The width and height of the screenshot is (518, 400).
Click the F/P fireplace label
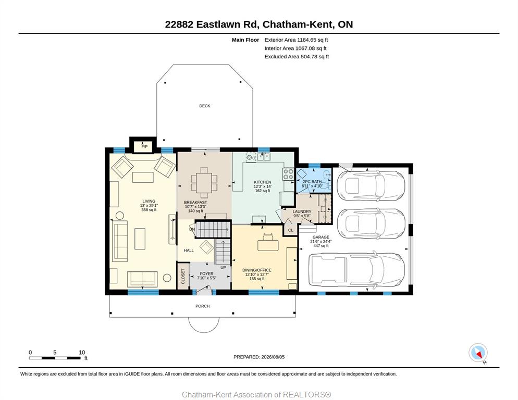point(144,146)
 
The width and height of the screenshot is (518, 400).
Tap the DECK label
point(204,106)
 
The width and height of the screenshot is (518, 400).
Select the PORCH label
point(203,306)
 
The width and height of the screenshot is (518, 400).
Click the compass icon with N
point(478,353)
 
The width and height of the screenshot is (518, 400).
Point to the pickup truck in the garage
point(356,269)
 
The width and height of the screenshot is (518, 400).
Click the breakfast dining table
point(204,183)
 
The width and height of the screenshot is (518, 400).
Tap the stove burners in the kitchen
point(288,174)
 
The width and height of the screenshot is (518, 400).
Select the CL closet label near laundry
point(290,230)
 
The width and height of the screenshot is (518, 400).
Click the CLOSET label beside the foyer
point(183,276)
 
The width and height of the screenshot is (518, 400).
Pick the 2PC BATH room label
point(312,182)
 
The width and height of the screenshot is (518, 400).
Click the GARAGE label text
point(321,237)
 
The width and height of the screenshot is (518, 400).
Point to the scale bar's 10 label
point(82,353)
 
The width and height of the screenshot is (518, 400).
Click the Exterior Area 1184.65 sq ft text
point(296,40)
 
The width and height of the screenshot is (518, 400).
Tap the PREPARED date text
point(259,357)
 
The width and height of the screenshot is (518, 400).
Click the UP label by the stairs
point(224,268)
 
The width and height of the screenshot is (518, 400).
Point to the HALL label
point(189,251)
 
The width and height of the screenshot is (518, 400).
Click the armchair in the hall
point(207,247)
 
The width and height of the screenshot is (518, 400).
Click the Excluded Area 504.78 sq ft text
point(297,56)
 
